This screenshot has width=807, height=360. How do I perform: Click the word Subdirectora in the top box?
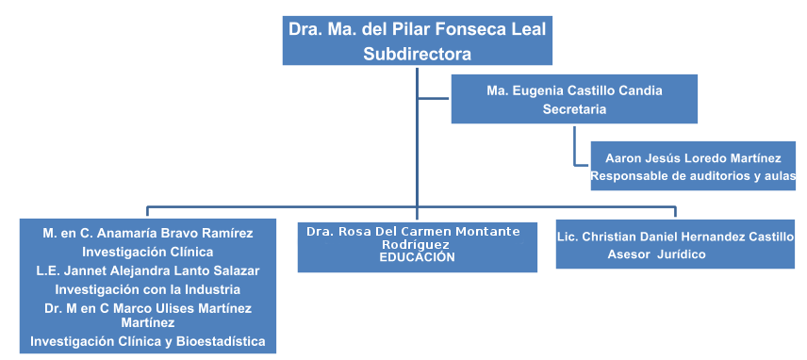coord(417,54)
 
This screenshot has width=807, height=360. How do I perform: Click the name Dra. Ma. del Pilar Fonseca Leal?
coord(417,28)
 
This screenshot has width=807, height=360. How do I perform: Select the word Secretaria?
coord(574,109)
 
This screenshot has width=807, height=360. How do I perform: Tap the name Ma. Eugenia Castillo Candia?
coord(574,91)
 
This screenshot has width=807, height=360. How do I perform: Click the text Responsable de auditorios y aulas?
coord(693,176)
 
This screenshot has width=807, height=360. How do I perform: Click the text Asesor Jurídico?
coord(656,254)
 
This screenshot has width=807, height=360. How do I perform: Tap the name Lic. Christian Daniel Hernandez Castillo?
coord(675,237)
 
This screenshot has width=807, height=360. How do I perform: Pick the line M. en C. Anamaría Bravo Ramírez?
coord(148,232)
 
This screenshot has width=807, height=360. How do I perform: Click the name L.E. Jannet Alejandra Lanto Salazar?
coord(148,270)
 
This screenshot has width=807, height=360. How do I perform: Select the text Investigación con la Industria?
coord(148,289)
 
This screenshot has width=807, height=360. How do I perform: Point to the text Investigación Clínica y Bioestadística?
coord(148,341)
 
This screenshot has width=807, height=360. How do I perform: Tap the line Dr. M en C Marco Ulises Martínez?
coord(148,308)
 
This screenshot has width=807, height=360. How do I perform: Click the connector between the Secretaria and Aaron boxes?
coord(574,151)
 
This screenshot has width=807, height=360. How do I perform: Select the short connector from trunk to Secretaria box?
coord(434,98)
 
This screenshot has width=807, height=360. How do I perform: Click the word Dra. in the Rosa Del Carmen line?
coord(321,231)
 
